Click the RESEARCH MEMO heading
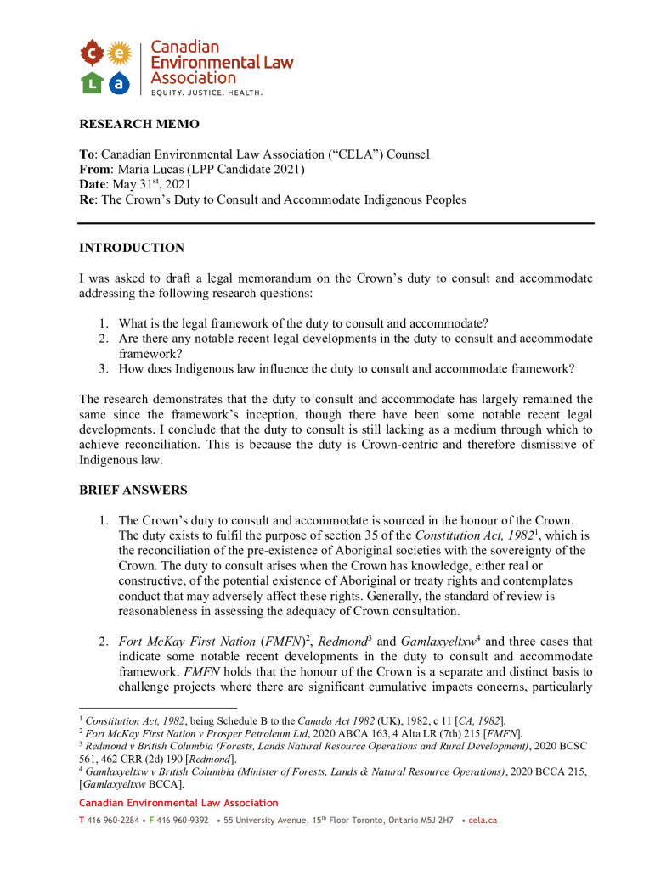[139, 124]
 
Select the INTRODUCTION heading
[132, 248]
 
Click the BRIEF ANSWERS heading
[133, 491]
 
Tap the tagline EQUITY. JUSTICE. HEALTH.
[206, 92]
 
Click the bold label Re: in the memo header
[88, 199]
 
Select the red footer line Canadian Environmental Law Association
[178, 803]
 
